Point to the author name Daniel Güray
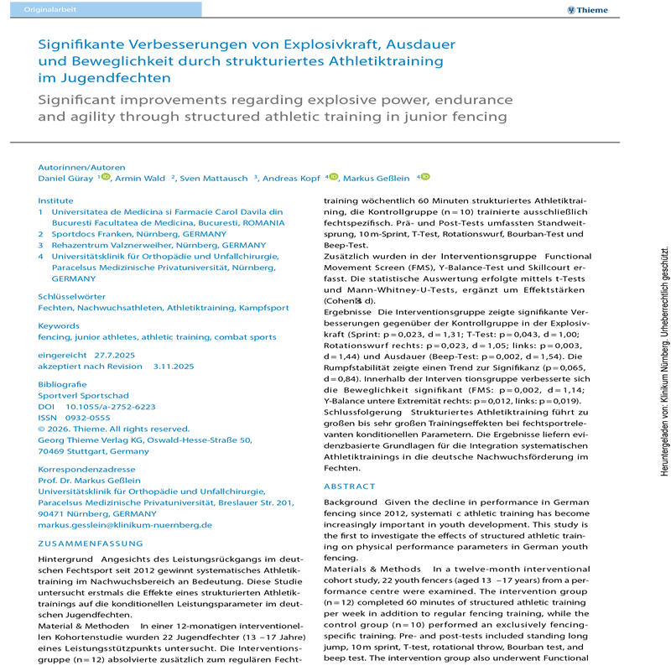66,178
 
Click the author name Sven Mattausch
216,178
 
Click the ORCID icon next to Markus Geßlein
425,177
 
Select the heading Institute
55,200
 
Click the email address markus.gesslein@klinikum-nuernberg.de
125,525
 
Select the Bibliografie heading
62,384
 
